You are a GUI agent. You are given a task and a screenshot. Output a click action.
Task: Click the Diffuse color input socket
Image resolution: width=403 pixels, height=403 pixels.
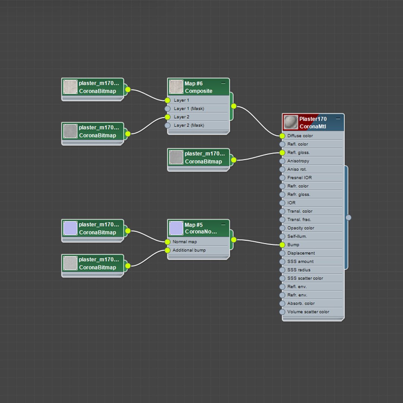282,136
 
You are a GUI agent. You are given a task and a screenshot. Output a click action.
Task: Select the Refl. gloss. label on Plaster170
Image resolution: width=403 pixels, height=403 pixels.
299,152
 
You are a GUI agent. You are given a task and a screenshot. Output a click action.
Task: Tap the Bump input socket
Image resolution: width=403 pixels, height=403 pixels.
282,245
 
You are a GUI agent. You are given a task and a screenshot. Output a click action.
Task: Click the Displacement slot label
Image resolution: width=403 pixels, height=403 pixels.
301,253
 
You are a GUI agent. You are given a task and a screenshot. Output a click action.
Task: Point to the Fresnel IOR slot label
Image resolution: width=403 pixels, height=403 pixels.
299,178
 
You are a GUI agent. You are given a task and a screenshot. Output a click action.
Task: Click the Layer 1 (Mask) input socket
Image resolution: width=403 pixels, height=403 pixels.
167,109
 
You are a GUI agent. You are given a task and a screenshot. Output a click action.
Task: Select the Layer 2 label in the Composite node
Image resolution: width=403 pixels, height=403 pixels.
181,117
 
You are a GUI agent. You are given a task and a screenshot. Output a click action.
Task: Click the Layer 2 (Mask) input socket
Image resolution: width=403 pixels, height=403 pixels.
167,125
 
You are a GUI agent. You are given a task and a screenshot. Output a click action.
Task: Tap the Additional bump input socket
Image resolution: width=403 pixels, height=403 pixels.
167,250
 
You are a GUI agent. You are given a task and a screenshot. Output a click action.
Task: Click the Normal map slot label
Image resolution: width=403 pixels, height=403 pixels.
185,241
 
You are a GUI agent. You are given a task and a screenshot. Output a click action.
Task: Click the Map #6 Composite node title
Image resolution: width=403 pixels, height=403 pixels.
199,87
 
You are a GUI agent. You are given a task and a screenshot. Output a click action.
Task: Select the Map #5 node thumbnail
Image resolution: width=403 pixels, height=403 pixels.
176,228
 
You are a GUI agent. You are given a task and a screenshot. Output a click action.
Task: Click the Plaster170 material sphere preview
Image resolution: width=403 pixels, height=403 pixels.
291,122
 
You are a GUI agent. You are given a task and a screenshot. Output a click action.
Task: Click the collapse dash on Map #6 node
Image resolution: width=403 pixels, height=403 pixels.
223,83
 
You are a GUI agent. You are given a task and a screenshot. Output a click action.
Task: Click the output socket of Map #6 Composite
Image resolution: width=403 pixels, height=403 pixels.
234,106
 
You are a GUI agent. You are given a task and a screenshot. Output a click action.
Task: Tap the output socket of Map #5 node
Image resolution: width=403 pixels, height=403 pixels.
234,240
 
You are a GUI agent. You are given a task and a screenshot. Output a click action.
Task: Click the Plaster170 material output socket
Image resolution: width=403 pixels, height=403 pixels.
348,218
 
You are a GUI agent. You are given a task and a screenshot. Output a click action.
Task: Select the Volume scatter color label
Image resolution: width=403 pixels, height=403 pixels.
308,312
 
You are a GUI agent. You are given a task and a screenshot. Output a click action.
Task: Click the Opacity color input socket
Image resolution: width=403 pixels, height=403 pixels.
282,228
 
